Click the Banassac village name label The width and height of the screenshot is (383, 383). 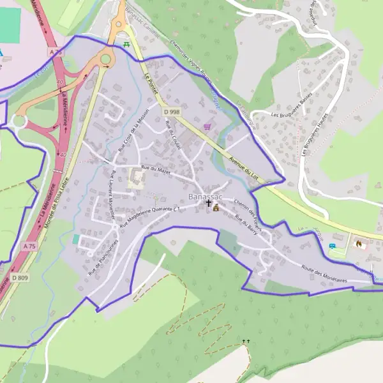pos(206,194)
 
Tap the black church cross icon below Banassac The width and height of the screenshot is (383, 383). pos(208,204)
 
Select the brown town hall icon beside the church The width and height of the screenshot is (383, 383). pos(216,207)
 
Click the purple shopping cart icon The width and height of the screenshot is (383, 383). pos(207,126)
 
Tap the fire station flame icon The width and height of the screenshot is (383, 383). pos(359,244)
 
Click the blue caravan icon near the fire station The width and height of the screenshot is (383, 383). pos(331,246)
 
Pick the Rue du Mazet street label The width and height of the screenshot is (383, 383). pos(156,169)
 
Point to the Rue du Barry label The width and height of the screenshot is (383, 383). pos(246,226)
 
